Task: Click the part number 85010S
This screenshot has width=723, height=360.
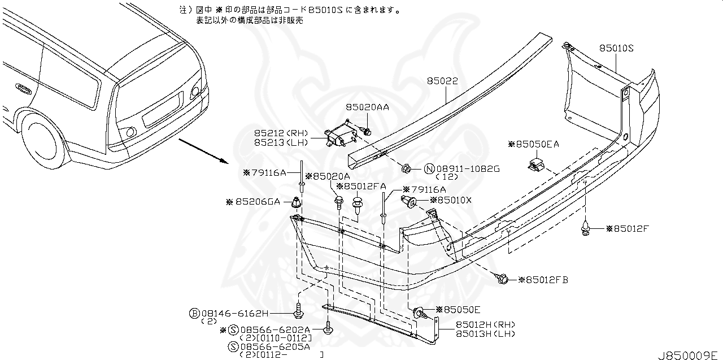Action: pos(616,49)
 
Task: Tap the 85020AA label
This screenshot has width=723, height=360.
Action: pos(368,107)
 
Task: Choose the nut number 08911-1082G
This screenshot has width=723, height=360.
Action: pos(462,169)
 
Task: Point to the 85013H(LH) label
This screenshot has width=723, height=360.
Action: pos(478,333)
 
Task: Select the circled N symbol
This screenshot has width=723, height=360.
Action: pos(428,169)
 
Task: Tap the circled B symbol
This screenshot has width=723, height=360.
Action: pos(194,313)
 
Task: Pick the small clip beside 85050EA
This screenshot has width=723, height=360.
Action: pos(534,164)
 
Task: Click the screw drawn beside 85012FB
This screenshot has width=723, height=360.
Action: pos(502,278)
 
